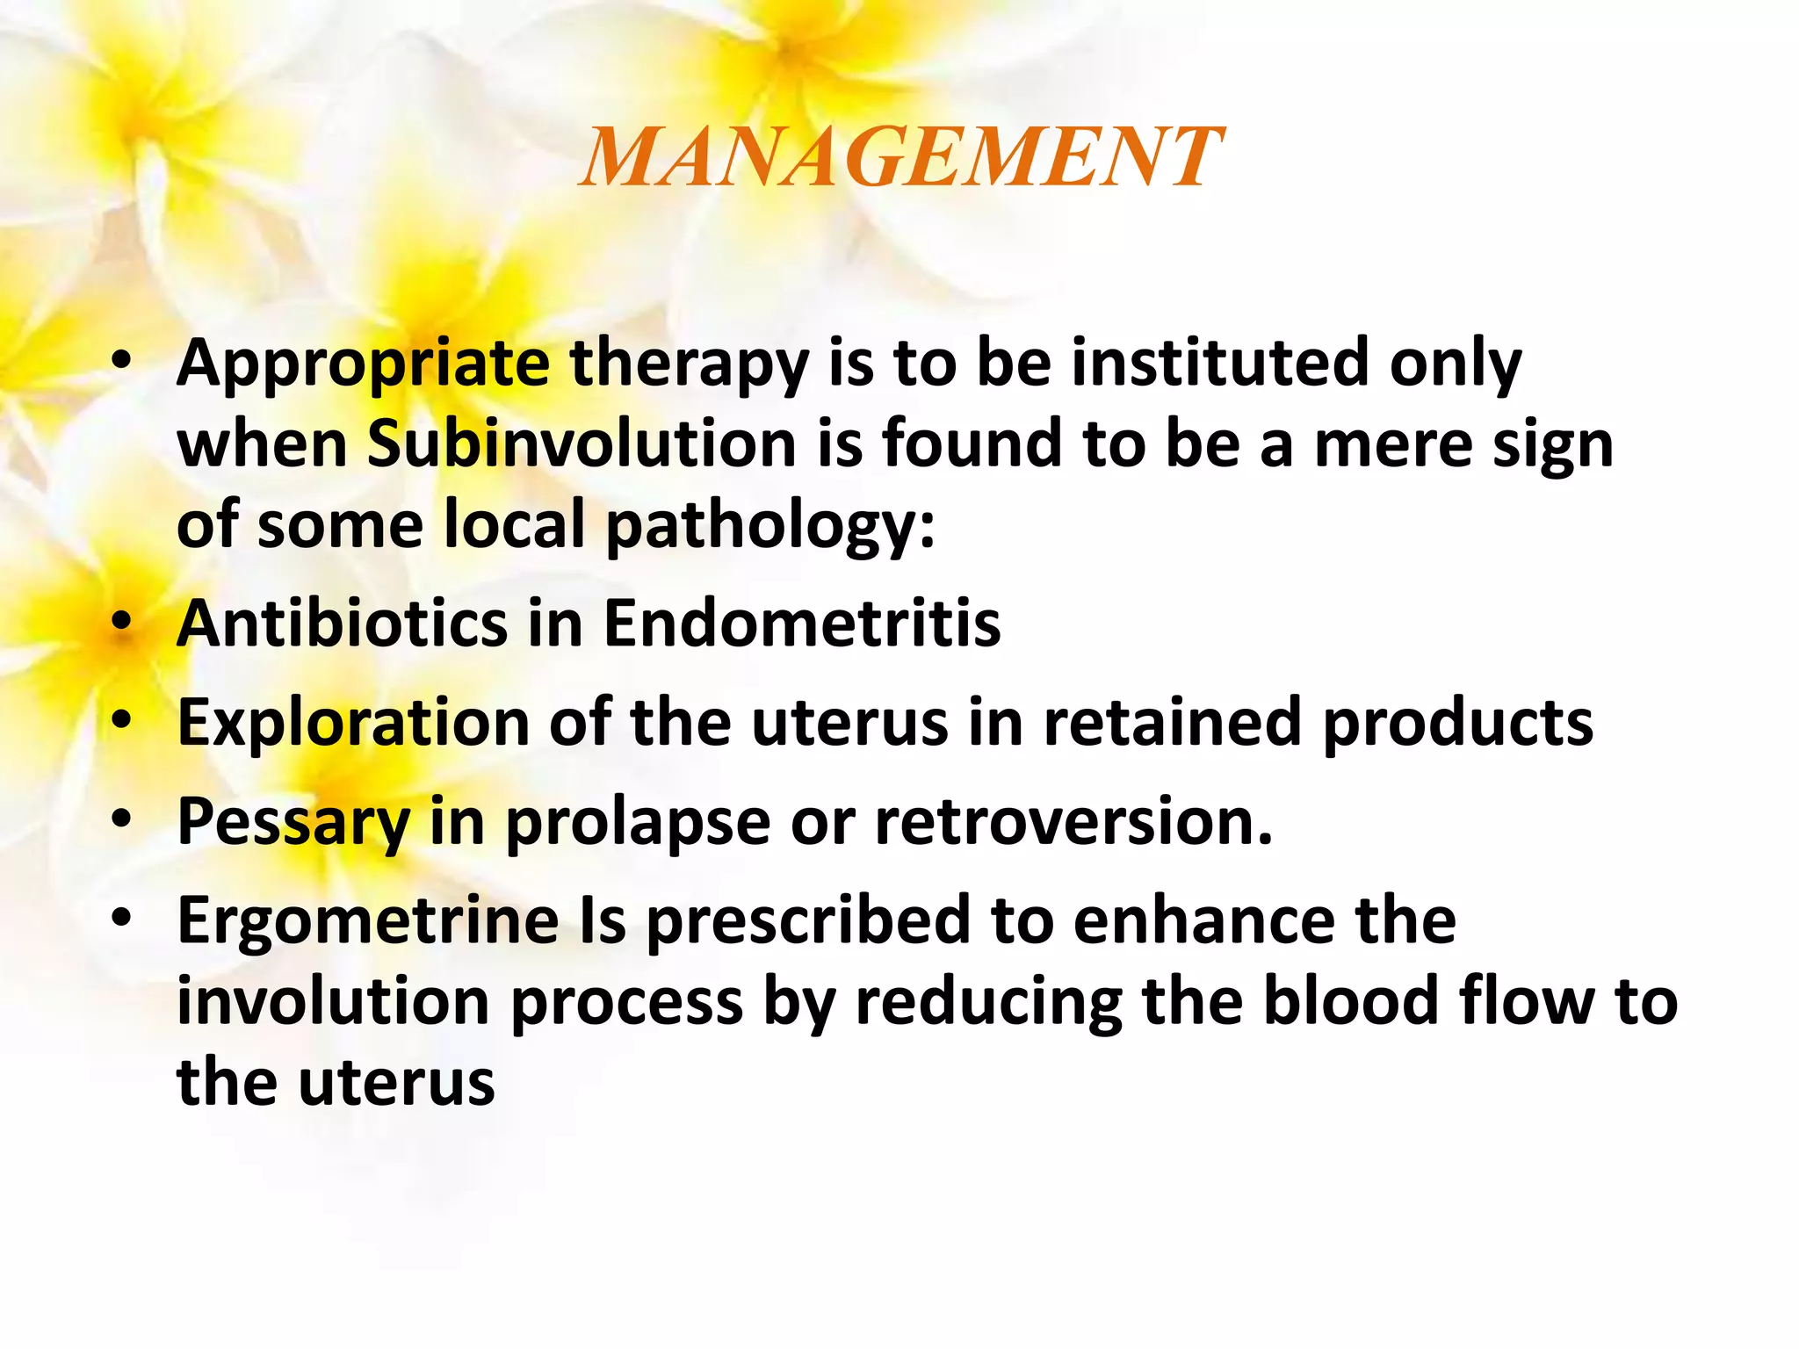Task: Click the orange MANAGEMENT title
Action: (899, 158)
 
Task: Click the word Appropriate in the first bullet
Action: (363, 364)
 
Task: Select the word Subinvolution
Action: (582, 444)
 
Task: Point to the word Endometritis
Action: (801, 624)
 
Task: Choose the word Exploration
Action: (353, 723)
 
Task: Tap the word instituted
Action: (1219, 363)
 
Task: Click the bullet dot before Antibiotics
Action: (122, 623)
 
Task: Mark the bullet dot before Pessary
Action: (122, 820)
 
